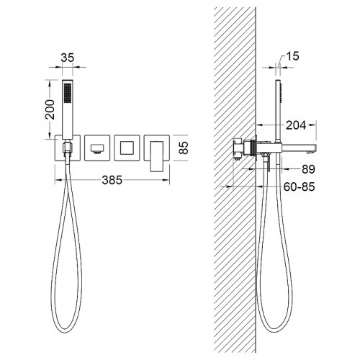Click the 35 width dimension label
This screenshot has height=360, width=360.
(68, 58)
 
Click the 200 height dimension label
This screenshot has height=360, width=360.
(50, 109)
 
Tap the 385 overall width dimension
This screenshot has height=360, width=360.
(112, 180)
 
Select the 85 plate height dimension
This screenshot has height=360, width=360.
(184, 148)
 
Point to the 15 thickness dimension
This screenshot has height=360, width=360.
(292, 56)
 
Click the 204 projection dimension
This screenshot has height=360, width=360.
(296, 125)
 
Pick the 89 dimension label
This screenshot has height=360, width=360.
(308, 169)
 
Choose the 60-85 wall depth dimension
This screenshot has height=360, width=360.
(299, 186)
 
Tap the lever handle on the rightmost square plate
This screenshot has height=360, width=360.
(157, 156)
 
